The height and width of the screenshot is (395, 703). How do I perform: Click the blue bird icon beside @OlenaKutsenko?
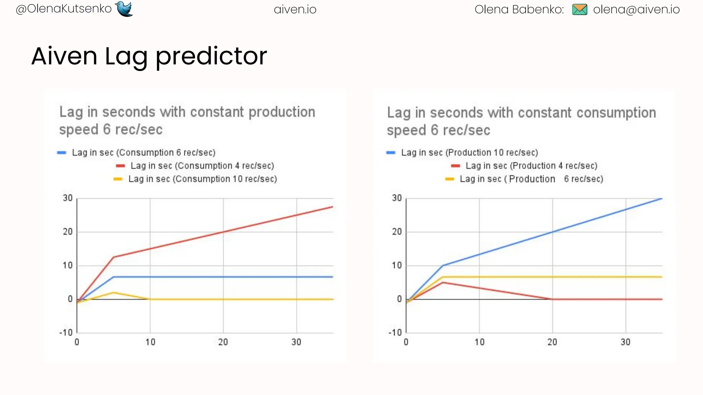124,9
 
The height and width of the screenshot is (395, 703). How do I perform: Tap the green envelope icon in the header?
580,9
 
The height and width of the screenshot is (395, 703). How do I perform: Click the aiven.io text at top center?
295,10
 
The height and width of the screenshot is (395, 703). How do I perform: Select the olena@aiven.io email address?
636,10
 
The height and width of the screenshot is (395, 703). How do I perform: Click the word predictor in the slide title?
211,57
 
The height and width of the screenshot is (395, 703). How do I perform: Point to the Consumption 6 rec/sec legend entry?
143,153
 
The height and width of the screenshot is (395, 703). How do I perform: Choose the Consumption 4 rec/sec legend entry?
202,166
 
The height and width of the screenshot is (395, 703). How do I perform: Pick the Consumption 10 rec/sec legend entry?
203,179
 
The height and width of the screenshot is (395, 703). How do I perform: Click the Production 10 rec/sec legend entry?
469,153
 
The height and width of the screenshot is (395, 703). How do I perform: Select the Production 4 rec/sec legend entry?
531,166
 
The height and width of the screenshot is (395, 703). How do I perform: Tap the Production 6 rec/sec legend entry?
531,179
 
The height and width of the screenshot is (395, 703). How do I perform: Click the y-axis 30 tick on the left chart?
68,198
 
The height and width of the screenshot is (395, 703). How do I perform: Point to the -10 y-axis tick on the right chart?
395,333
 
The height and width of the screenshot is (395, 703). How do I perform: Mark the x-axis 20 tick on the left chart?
223,342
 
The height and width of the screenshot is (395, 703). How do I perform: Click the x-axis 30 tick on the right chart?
625,342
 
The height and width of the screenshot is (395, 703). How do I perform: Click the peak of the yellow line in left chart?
114,292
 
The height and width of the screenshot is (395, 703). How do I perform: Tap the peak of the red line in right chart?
443,283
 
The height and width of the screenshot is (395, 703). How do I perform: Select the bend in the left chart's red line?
114,257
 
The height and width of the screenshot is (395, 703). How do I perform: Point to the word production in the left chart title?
282,112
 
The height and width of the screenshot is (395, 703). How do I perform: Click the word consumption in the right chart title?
616,113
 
